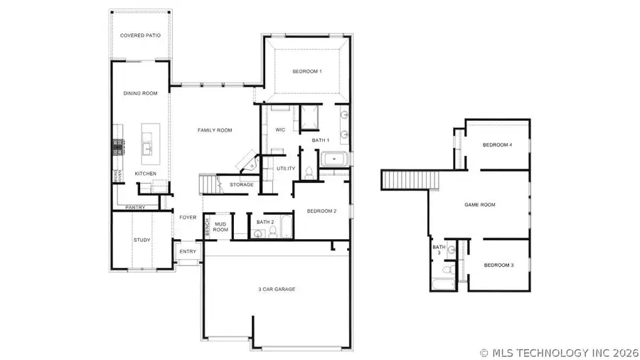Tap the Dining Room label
(x=139, y=93)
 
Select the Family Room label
(x=215, y=130)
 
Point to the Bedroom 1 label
(x=307, y=72)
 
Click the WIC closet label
(x=280, y=129)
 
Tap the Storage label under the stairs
(x=242, y=185)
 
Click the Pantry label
(x=135, y=208)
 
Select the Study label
(x=142, y=240)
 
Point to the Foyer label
(x=188, y=218)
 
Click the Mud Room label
(x=221, y=227)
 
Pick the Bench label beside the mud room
(x=207, y=228)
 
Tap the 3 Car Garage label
(x=276, y=289)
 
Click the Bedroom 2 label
(x=321, y=211)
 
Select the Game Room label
(x=479, y=205)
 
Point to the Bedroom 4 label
(x=497, y=145)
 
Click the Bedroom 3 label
(x=498, y=265)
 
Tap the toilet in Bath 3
(x=446, y=271)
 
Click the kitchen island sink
(x=146, y=148)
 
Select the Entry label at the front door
(x=188, y=252)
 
